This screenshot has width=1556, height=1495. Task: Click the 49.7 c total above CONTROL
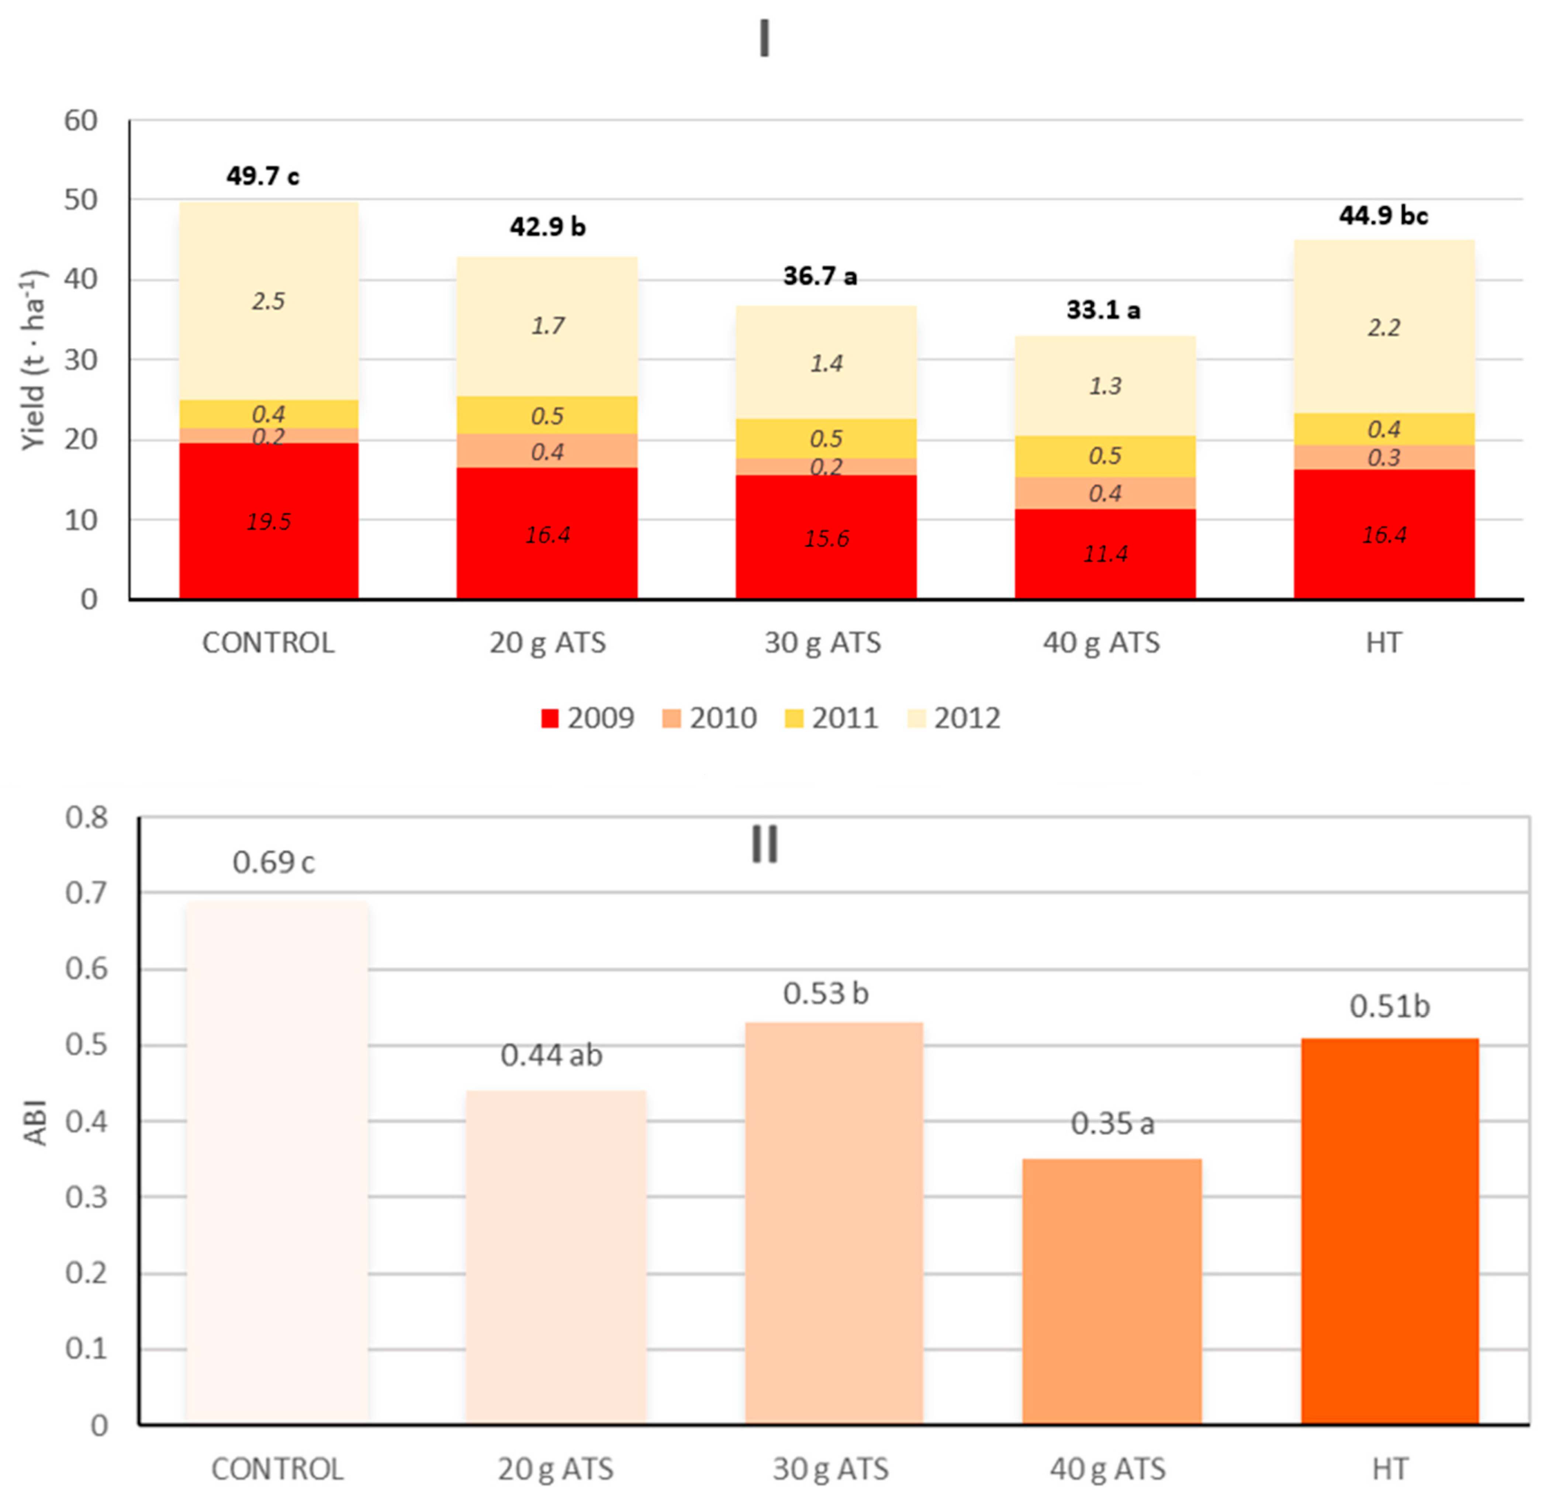click(263, 176)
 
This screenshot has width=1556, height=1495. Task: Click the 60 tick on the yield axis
click(81, 121)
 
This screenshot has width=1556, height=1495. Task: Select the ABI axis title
click(35, 1122)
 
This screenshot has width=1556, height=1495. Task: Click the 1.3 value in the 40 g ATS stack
click(1105, 386)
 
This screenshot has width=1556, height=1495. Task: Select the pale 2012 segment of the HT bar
click(1384, 327)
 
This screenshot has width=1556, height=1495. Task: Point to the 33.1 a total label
click(1103, 309)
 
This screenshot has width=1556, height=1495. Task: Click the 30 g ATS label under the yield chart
click(823, 642)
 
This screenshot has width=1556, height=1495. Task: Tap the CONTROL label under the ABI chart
click(277, 1470)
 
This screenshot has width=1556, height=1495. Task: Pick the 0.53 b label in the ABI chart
click(826, 993)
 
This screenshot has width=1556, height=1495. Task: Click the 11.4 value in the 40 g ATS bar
click(1105, 553)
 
